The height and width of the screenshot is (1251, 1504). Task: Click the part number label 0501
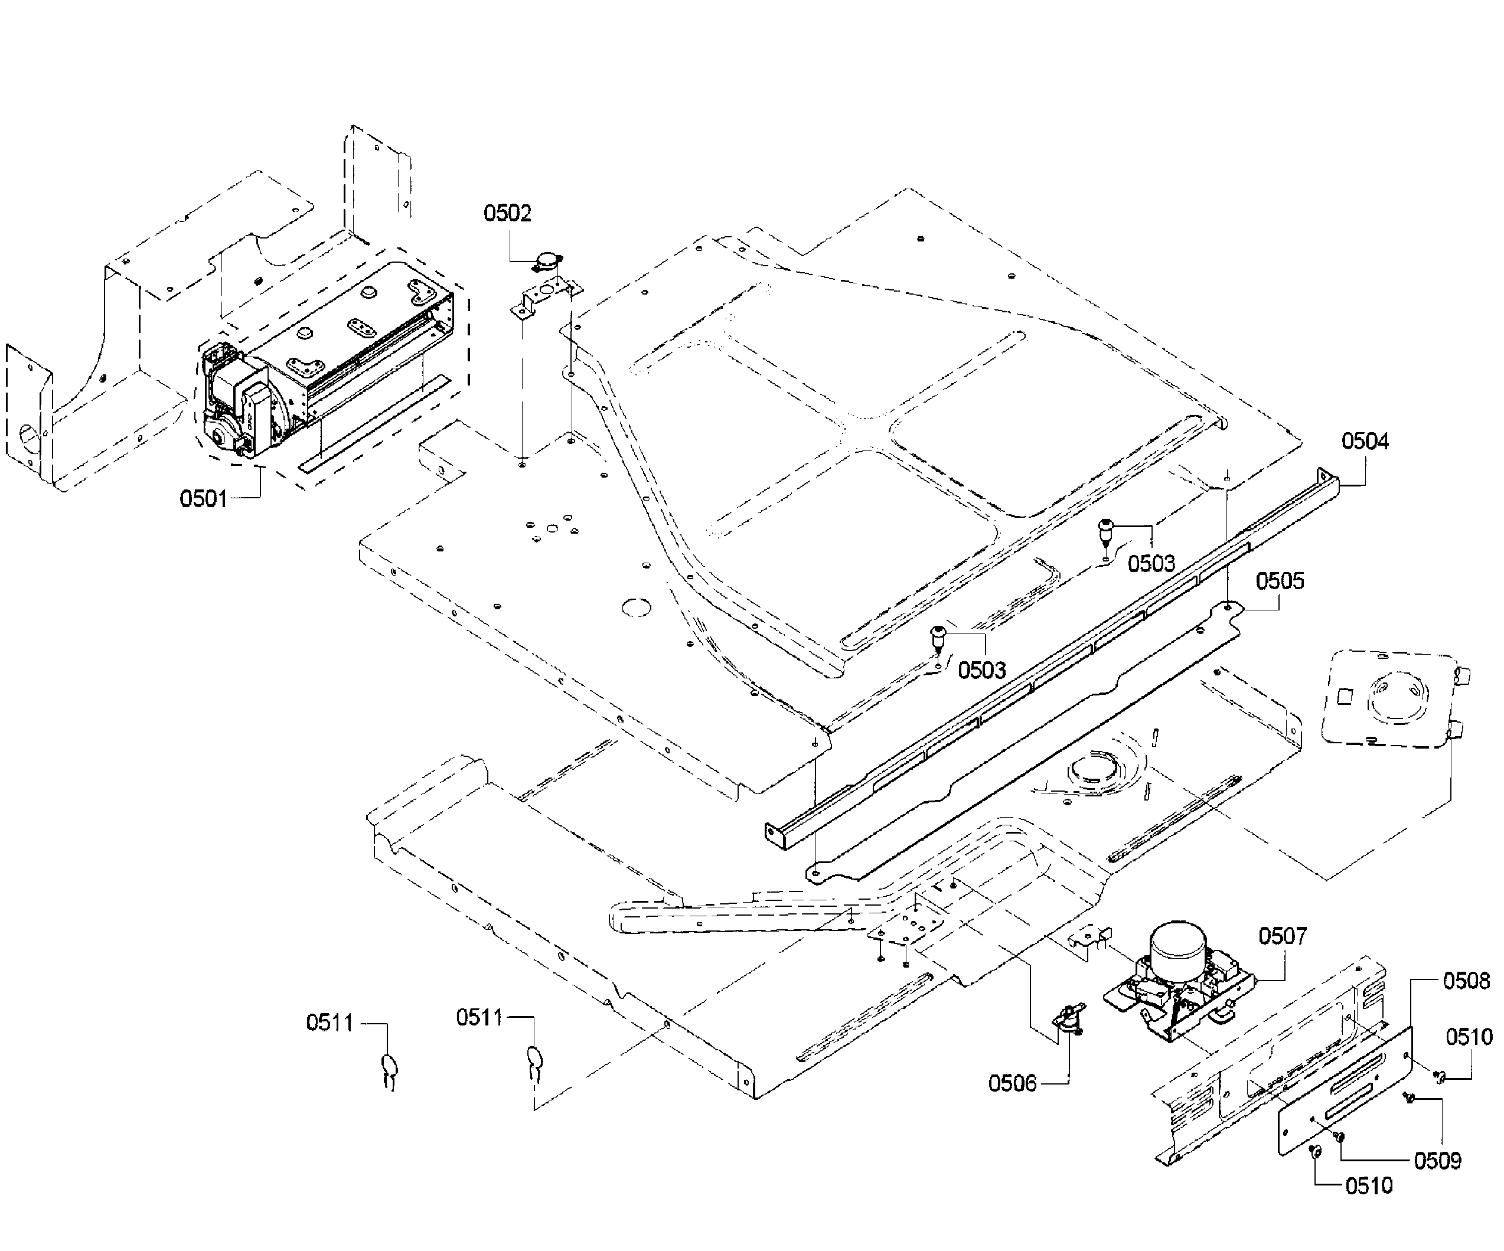(x=203, y=498)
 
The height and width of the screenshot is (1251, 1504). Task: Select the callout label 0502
(x=507, y=213)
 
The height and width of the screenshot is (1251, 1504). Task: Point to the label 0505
(x=1280, y=581)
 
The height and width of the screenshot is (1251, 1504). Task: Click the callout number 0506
(x=1012, y=1083)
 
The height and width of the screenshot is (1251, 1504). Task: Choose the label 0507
(x=1282, y=936)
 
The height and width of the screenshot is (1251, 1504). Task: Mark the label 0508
(x=1466, y=981)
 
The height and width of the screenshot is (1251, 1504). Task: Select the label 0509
(x=1437, y=1161)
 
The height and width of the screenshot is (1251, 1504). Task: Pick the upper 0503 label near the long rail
(x=1151, y=564)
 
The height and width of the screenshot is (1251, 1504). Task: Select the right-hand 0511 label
(x=479, y=1018)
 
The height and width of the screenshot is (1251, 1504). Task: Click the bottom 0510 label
(x=1369, y=1186)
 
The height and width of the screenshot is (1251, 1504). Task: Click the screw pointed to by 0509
(x=1340, y=1136)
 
